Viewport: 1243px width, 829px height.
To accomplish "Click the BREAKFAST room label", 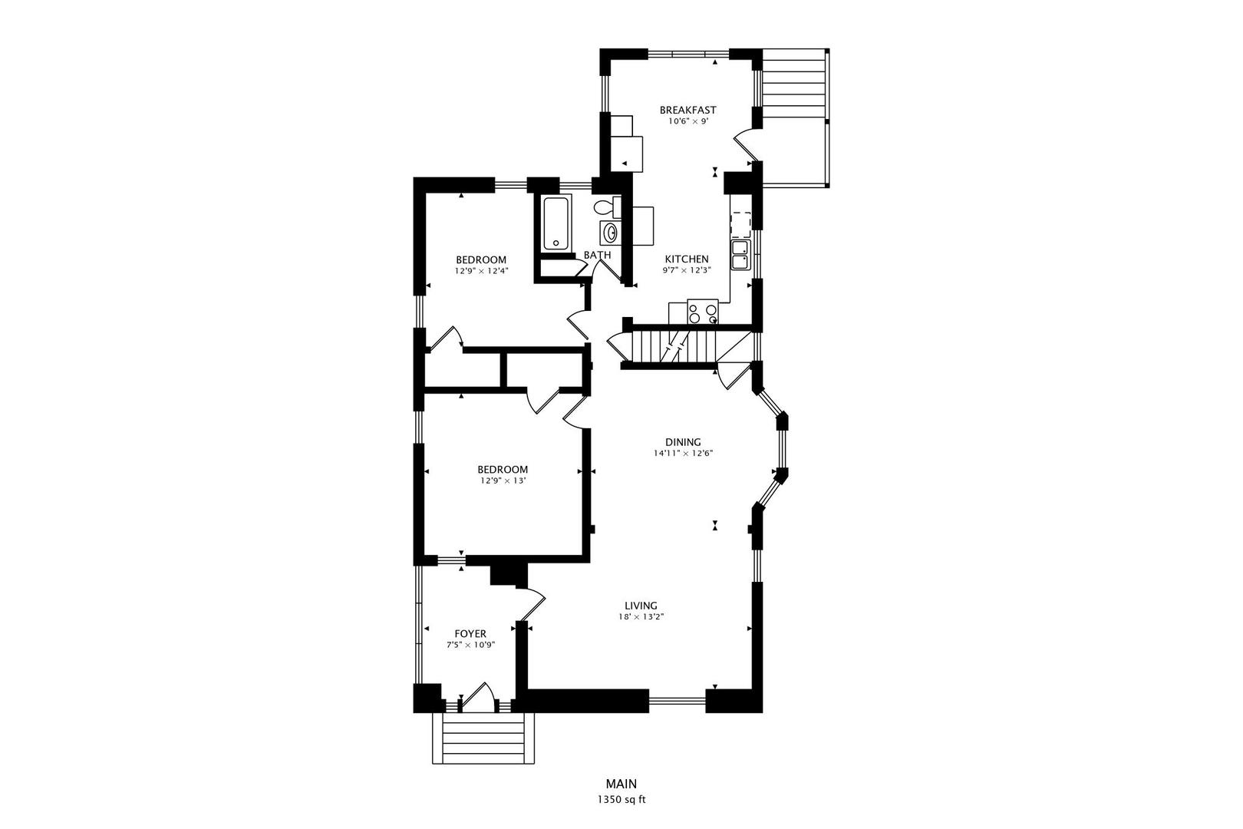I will (x=687, y=110).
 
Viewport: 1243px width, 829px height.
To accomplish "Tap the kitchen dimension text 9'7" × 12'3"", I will (x=687, y=270).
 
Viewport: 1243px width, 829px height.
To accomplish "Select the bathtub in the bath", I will (x=558, y=223).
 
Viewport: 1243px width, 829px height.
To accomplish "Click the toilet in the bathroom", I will (x=605, y=206).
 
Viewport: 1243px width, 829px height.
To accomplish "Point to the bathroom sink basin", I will (x=610, y=233).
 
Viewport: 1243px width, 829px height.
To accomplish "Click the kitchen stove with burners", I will (x=702, y=312).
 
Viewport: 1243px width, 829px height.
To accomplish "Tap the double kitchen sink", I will (x=740, y=255).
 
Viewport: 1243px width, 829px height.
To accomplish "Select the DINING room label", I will (x=682, y=442).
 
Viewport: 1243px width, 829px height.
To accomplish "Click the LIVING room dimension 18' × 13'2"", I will (x=641, y=616).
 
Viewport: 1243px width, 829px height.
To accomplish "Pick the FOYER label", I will (x=470, y=633).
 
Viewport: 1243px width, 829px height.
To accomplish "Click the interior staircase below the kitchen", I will (x=672, y=346).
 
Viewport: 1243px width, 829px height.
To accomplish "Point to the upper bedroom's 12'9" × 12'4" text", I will (x=481, y=270).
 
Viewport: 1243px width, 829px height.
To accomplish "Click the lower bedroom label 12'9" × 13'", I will (x=503, y=481).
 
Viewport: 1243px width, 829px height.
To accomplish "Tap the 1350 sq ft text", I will (x=621, y=799).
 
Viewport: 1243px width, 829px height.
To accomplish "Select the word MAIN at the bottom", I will (x=621, y=784).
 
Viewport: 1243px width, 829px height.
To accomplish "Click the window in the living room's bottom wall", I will (x=677, y=699).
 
